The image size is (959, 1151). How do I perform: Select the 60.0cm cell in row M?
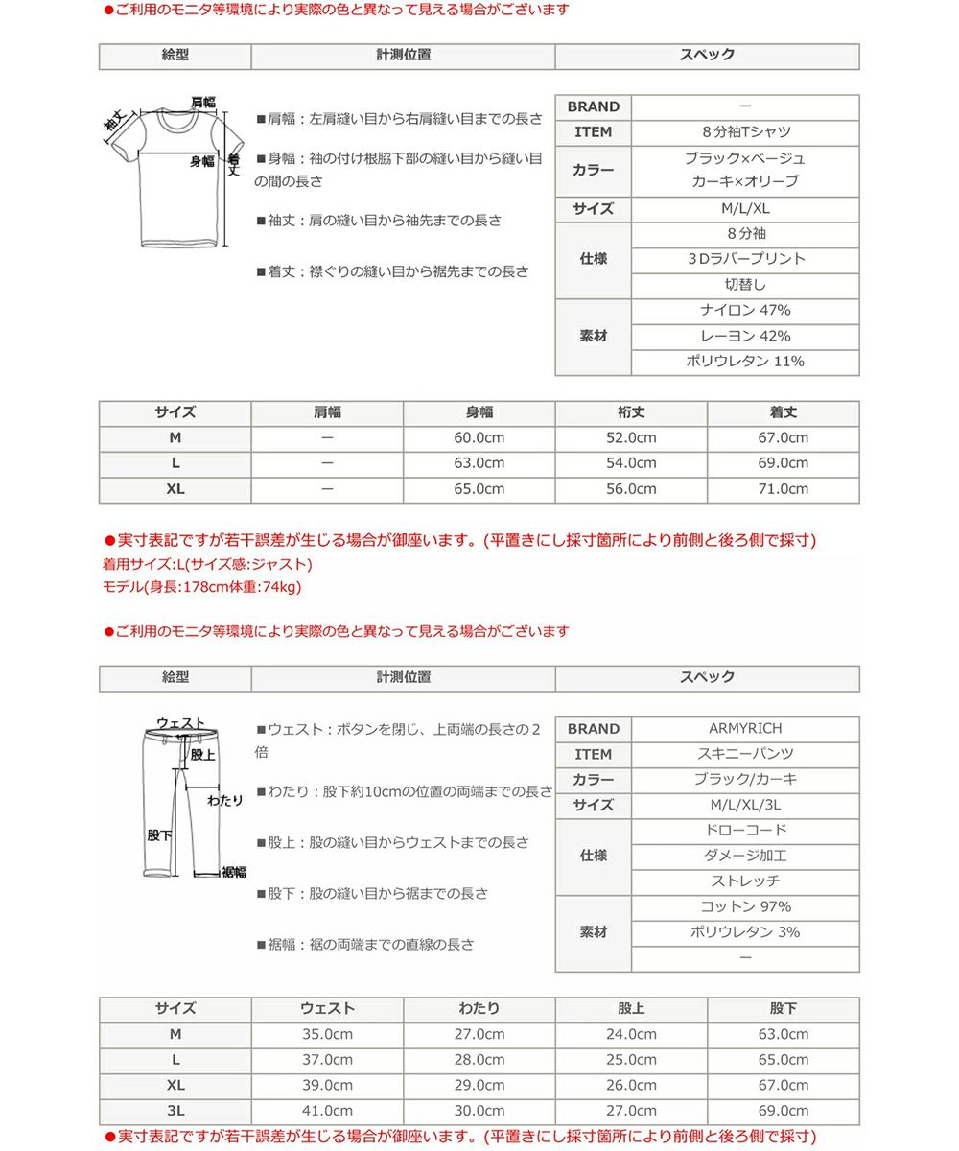tap(479, 438)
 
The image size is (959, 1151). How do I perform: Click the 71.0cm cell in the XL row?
tap(783, 489)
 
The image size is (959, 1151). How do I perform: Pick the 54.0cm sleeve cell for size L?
tap(631, 463)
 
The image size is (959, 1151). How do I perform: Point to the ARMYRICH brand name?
tap(745, 729)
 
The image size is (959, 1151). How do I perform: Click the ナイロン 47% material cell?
tap(745, 311)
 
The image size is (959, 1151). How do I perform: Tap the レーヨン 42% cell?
tap(745, 337)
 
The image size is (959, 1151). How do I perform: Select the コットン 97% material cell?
tap(745, 907)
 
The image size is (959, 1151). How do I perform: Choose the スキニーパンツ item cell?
tap(745, 755)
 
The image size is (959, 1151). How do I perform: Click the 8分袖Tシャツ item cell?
tap(745, 132)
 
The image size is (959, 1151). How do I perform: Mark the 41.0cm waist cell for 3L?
tap(327, 1111)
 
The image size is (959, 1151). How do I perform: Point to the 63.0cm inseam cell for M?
tap(783, 1035)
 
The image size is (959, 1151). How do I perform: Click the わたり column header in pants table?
tap(479, 1009)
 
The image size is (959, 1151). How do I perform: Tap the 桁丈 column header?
tap(631, 412)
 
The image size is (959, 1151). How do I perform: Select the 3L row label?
tap(175, 1111)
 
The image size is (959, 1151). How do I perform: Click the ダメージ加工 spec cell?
tap(745, 856)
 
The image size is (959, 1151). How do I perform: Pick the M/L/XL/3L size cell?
tap(745, 806)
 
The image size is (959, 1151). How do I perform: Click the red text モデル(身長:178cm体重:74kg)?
tap(201, 587)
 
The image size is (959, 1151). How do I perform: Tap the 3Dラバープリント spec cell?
tap(745, 259)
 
